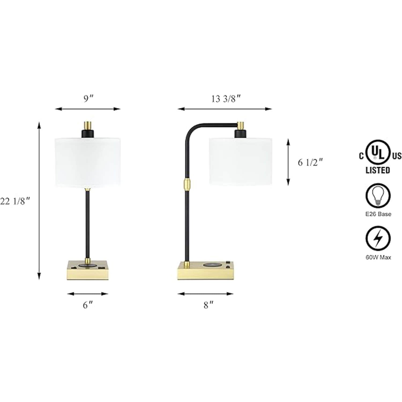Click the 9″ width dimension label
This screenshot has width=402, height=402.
click(88, 99)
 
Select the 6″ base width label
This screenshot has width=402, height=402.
click(88, 305)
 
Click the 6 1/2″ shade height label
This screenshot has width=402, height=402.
click(310, 162)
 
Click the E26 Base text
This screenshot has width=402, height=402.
click(378, 214)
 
